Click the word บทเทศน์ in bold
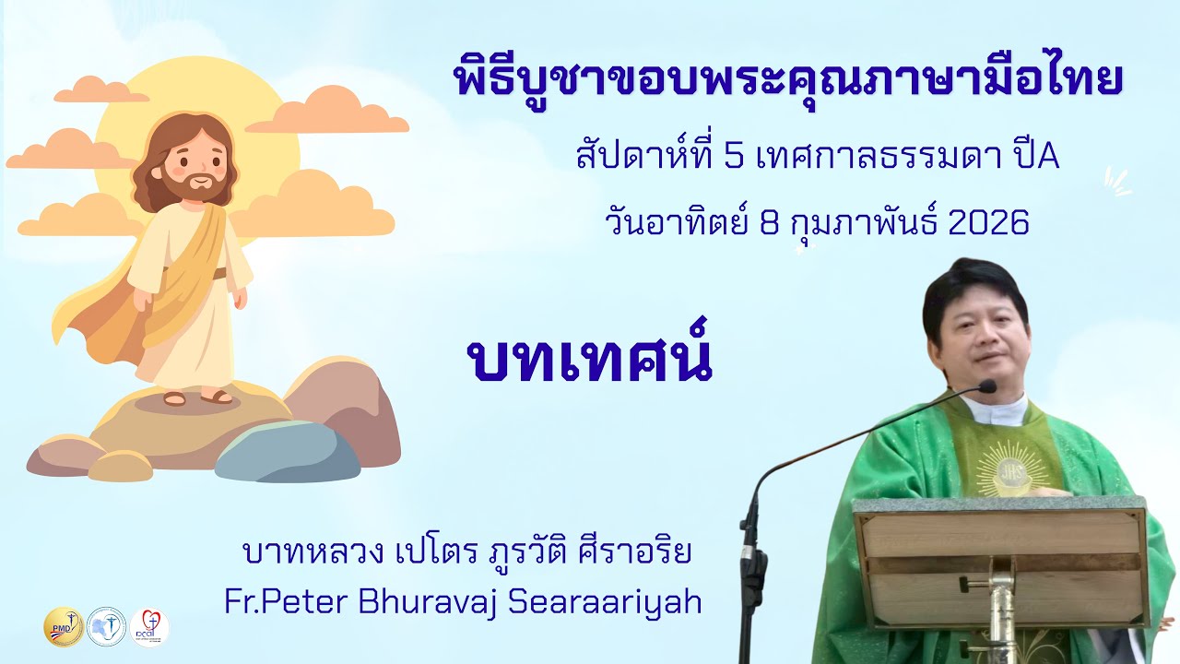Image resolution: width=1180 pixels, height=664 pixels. (x=590, y=360)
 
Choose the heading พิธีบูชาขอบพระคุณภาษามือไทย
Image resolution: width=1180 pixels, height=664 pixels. (x=790, y=81)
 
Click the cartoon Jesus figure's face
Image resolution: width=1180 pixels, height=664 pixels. (x=192, y=162)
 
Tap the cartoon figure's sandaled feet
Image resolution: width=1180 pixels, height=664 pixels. (x=196, y=397)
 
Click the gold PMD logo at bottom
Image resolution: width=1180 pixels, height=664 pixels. (x=64, y=627)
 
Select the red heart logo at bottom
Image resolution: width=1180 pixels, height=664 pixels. (x=149, y=627)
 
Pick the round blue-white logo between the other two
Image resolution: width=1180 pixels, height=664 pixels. (x=106, y=627)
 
